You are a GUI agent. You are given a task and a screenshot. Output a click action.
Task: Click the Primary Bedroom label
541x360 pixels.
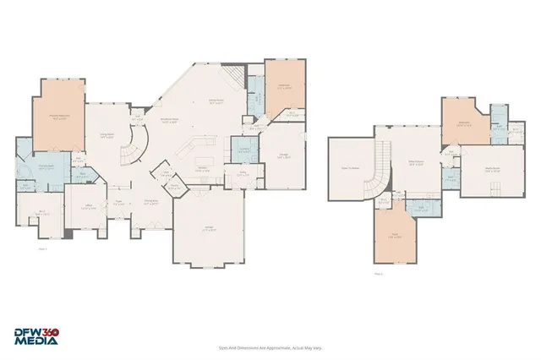point(60,119)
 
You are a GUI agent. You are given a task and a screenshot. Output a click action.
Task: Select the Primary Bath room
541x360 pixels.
point(34,166)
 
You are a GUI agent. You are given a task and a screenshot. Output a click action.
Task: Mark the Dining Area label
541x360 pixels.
point(152,202)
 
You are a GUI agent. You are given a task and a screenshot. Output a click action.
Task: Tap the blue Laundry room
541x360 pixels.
point(243,151)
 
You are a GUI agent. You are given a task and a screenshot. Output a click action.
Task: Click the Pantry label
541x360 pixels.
point(173,187)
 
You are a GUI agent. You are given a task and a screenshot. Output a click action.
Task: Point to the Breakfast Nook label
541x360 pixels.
point(168,120)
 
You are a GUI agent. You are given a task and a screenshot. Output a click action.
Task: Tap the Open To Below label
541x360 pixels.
point(348,168)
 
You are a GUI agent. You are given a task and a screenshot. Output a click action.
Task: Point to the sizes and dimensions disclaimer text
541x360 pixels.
point(270,346)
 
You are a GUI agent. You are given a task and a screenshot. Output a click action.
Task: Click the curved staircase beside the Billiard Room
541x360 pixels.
point(385,165)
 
